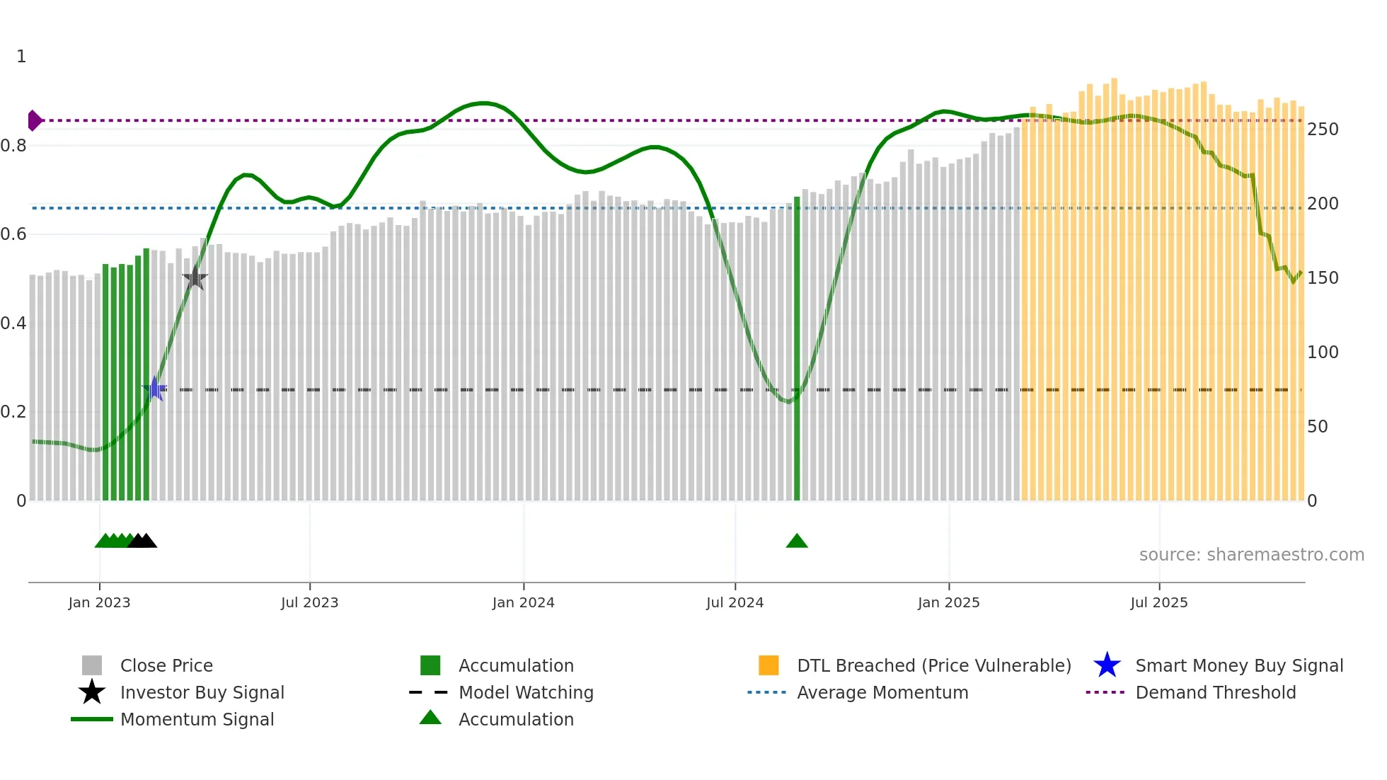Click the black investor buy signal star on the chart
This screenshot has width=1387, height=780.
(195, 278)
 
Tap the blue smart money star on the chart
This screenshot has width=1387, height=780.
(154, 389)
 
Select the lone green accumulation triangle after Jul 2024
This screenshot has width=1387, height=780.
(797, 541)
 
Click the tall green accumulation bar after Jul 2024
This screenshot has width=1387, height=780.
(797, 347)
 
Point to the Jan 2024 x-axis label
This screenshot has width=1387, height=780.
(523, 603)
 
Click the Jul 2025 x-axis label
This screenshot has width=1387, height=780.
(1158, 603)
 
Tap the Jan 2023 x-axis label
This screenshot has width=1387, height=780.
(99, 603)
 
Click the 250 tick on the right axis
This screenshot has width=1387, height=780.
(1323, 130)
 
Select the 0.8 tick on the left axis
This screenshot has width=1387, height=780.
(13, 146)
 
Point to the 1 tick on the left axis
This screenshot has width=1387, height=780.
(21, 57)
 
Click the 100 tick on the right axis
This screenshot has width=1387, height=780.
(1323, 352)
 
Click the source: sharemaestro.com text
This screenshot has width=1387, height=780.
(1251, 555)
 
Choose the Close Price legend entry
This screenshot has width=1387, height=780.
(166, 666)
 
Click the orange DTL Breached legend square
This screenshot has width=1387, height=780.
(769, 665)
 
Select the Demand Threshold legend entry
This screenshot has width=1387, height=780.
(1215, 693)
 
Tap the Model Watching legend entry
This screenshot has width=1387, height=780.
(525, 693)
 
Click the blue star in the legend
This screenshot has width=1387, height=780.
(1107, 665)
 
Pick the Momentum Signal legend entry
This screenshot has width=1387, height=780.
(197, 720)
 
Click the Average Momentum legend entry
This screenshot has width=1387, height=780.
(882, 693)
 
